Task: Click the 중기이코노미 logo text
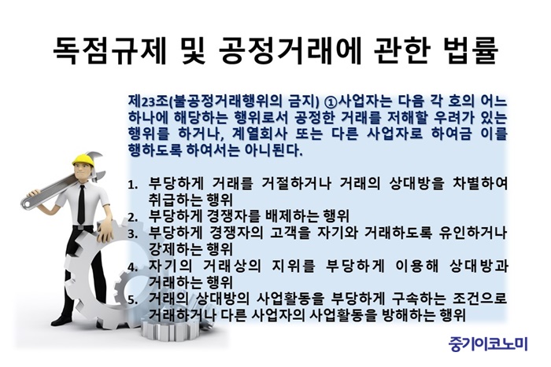(x=488, y=343)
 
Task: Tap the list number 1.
(x=131, y=185)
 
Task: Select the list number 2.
(x=132, y=218)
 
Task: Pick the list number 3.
(x=132, y=234)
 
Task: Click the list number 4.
(x=132, y=267)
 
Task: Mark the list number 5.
(x=132, y=300)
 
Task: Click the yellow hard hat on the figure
(x=84, y=160)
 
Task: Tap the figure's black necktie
(x=81, y=205)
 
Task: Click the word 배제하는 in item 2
(x=289, y=216)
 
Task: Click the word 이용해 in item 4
(x=416, y=266)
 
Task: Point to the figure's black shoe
(x=62, y=321)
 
